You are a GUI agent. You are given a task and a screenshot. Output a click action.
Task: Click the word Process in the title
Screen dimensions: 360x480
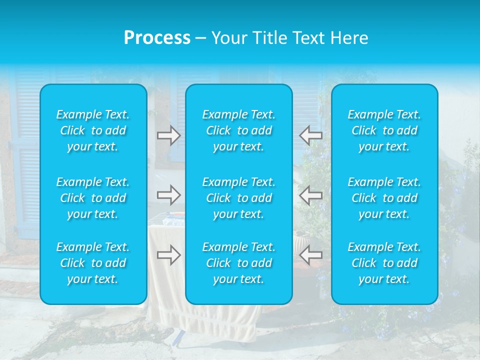point(157,38)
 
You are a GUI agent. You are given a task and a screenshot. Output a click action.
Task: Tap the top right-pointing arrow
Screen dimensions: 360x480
point(168,135)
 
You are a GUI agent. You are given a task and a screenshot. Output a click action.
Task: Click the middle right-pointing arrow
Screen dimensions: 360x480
point(168,194)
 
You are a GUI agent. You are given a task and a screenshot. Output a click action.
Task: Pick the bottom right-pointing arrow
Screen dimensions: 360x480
point(168,255)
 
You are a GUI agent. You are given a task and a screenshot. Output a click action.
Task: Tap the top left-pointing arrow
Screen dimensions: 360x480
point(311,135)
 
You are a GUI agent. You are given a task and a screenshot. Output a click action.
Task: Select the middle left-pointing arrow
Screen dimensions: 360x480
point(311,194)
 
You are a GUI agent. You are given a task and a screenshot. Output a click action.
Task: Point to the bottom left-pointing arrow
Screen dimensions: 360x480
point(311,255)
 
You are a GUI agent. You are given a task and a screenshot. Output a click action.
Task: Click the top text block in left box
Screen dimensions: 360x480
point(93,130)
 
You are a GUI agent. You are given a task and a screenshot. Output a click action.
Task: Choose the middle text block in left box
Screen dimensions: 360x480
point(93,198)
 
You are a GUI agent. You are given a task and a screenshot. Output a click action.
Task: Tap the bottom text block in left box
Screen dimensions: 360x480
point(93,263)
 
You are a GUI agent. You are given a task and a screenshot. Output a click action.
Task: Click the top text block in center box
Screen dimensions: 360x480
point(239,130)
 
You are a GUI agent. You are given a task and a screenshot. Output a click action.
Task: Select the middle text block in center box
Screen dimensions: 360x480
point(239,198)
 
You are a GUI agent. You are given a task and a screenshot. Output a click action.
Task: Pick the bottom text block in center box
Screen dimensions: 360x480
point(239,263)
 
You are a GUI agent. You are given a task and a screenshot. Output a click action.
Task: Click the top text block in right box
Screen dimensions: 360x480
point(384,130)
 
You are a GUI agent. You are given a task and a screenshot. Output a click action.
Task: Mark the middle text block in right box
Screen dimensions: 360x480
point(384,198)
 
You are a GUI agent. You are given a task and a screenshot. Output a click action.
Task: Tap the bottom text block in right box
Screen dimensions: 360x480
point(384,263)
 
